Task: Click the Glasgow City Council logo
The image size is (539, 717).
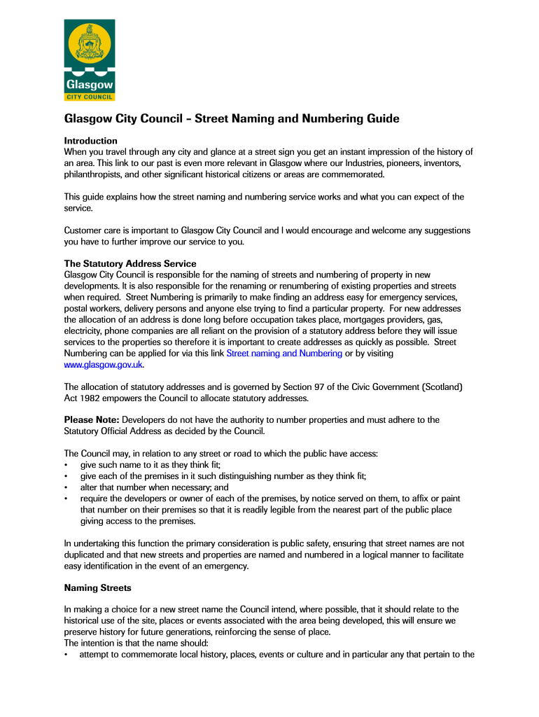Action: coord(90,60)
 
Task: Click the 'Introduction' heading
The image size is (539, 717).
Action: coord(91,141)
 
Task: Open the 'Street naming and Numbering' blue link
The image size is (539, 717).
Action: coord(284,354)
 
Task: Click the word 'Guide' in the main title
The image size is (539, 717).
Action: coord(382,119)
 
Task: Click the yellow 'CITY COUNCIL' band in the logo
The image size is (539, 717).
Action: coord(90,96)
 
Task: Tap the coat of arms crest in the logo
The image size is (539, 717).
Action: coord(90,43)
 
